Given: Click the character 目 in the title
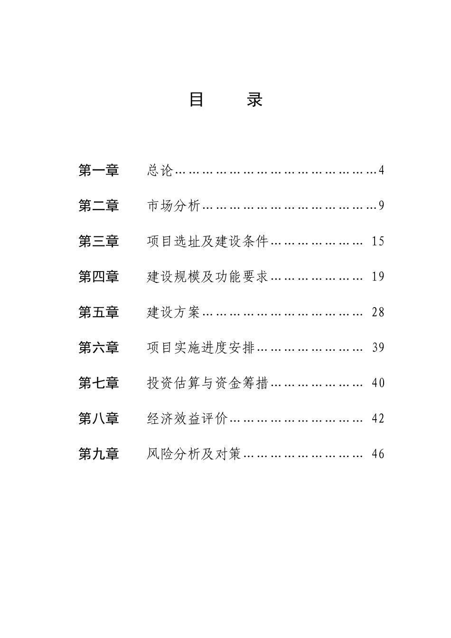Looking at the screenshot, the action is coord(197,100).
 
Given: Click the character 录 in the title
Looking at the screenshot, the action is coord(254,100).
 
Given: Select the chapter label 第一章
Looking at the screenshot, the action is coord(99,170).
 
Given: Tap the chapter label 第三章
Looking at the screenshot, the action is coord(99,241).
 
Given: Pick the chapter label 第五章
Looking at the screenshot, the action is coord(99,312).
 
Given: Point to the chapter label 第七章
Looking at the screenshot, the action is coord(99,383).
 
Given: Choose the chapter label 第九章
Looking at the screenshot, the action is coord(99,454).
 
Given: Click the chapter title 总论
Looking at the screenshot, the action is coord(160,170).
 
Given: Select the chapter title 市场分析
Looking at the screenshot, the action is coord(174,206).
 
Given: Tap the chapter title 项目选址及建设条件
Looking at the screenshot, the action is coord(208,241).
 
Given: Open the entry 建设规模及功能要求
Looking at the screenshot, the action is coord(208,276).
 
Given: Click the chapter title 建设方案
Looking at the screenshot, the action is coord(174,312).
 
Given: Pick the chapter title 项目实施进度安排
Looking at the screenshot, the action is coord(201,347).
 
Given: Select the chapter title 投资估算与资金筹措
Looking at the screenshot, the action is coord(208,383).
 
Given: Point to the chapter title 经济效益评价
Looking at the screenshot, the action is coord(188,418).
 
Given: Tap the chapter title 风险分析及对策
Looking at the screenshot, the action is coord(194,454).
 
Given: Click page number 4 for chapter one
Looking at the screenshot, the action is coord(381,170).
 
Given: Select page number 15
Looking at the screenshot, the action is coord(378,241).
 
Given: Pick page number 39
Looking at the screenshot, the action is coord(378,347).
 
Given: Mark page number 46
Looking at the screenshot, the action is coord(378,454).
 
